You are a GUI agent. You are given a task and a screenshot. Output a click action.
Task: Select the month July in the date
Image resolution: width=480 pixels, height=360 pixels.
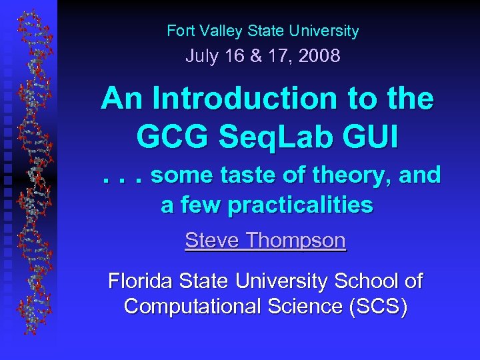[202, 56]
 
